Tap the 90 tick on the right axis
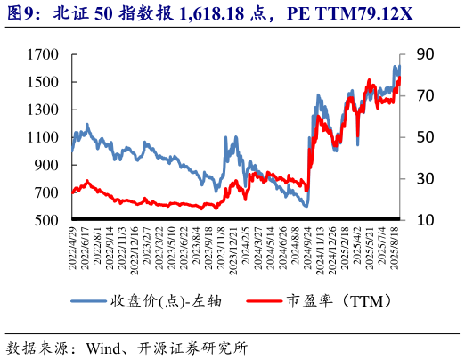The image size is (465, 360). pyautogui.click(x=424, y=54)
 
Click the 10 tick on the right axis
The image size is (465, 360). pyautogui.click(x=424, y=220)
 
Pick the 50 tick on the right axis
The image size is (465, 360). pyautogui.click(x=424, y=137)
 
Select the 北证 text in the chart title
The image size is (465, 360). pyautogui.click(x=71, y=13)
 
